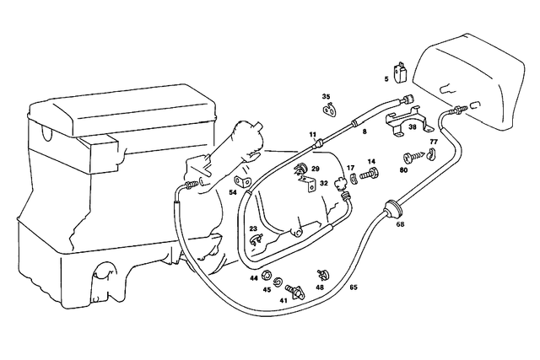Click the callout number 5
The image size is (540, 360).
(386, 78)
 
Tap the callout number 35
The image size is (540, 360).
(327, 96)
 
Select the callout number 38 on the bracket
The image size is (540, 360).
(413, 127)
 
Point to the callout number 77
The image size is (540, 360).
(434, 142)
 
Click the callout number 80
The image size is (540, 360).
(403, 170)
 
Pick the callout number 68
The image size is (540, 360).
(400, 224)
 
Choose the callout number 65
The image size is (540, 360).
(354, 287)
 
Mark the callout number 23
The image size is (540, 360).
(253, 228)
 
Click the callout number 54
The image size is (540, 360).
(233, 192)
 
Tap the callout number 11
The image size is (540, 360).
(312, 134)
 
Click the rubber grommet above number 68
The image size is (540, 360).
(391, 208)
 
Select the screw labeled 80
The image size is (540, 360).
(414, 158)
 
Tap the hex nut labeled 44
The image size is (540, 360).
(266, 275)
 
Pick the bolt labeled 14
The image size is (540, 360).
(369, 173)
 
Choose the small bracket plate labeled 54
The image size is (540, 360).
(242, 180)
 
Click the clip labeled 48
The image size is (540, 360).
(323, 274)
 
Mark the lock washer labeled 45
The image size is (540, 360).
(278, 283)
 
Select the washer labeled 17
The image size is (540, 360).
(353, 178)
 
